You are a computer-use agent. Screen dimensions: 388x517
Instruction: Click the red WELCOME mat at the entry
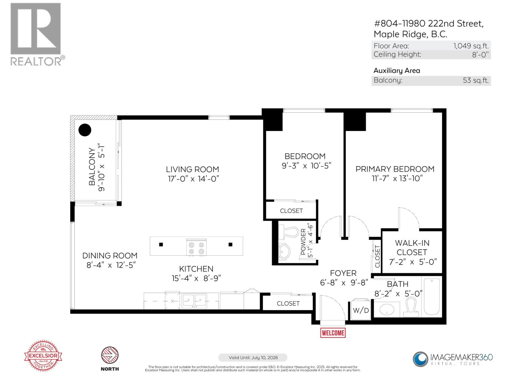click(x=333, y=333)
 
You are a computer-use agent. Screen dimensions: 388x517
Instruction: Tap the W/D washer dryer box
click(x=361, y=310)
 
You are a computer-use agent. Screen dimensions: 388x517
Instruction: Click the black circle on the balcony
click(x=85, y=130)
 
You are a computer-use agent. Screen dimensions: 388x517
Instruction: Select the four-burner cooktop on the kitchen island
click(x=196, y=247)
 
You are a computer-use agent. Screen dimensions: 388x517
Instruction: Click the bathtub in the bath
click(x=432, y=296)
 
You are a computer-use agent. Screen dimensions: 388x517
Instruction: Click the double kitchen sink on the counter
click(x=194, y=301)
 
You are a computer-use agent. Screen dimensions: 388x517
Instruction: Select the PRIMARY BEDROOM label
click(x=395, y=169)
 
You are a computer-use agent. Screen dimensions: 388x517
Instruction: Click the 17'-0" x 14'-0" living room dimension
click(x=193, y=179)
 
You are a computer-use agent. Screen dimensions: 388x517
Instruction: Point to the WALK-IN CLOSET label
click(x=412, y=247)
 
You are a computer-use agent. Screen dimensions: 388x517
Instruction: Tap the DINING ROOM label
click(x=110, y=256)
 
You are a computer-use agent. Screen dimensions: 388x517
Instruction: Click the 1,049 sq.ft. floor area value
click(x=471, y=46)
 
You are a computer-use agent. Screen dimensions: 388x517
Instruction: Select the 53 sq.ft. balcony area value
click(x=475, y=81)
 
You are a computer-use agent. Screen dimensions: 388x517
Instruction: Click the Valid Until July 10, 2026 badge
click(x=253, y=358)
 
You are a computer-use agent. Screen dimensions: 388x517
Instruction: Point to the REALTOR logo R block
click(x=36, y=28)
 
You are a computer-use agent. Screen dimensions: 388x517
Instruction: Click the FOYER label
click(x=343, y=273)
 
